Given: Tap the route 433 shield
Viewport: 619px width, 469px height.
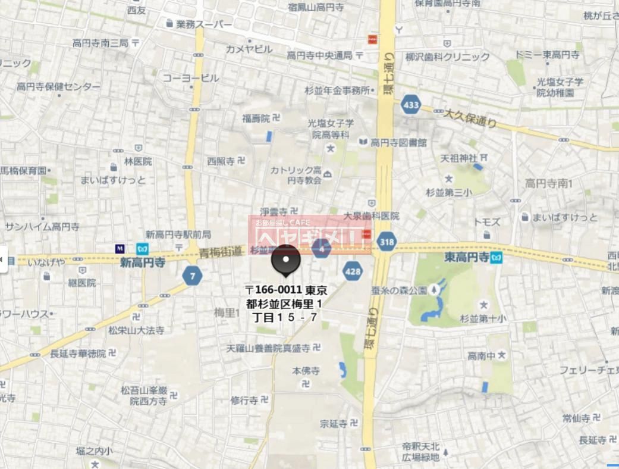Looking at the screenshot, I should pyautogui.click(x=410, y=105).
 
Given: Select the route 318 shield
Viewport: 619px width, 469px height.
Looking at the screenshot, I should pyautogui.click(x=387, y=242).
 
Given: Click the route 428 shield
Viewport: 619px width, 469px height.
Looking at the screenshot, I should pyautogui.click(x=353, y=271).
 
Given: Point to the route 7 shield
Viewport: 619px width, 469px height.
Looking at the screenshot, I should pyautogui.click(x=192, y=275).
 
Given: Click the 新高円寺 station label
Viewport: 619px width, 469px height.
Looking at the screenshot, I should pyautogui.click(x=143, y=262).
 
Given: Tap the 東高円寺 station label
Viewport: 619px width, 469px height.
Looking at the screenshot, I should pyautogui.click(x=467, y=258).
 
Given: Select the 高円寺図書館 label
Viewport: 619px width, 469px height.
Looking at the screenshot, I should pyautogui.click(x=398, y=142).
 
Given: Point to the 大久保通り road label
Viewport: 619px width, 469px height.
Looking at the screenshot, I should pyautogui.click(x=470, y=117).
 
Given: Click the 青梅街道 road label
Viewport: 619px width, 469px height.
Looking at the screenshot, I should pyautogui.click(x=221, y=252).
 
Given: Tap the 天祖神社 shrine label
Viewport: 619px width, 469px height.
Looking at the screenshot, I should pyautogui.click(x=459, y=158).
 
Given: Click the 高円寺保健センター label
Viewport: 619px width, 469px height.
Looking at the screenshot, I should pyautogui.click(x=59, y=87).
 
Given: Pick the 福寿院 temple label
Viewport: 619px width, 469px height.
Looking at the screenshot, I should pyautogui.click(x=256, y=118).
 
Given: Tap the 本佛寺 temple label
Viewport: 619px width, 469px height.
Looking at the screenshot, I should pyautogui.click(x=306, y=371).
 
